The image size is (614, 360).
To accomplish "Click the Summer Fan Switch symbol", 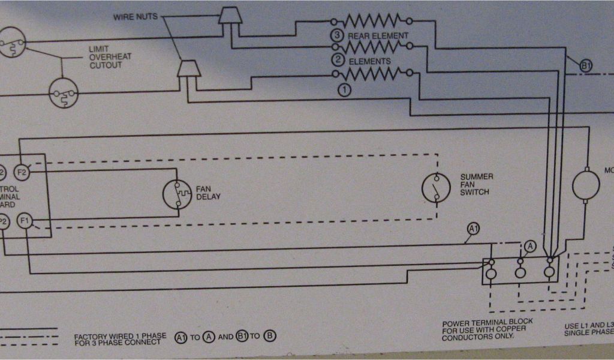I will (x=436, y=188).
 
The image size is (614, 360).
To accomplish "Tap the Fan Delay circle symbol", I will (x=177, y=194).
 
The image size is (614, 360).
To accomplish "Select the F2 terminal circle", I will (x=22, y=173).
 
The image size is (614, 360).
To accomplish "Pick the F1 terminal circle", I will (x=25, y=221).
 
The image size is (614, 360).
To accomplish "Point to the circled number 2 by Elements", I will (x=338, y=60).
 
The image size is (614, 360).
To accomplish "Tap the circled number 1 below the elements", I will (x=344, y=90).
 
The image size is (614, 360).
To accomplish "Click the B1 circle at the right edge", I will (x=586, y=66).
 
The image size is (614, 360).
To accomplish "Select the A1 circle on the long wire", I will (x=474, y=229).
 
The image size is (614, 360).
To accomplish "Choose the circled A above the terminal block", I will (x=529, y=245).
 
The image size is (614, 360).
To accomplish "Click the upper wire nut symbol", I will (x=230, y=15).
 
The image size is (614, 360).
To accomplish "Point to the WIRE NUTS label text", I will (x=136, y=17).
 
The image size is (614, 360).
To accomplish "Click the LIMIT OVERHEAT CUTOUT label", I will (x=110, y=57).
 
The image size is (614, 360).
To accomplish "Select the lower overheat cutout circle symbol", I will (x=64, y=93).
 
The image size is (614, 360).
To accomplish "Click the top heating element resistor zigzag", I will (x=372, y=20).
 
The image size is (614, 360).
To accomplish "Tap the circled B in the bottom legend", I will (x=270, y=337).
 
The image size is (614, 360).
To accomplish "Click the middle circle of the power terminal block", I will (x=520, y=273).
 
